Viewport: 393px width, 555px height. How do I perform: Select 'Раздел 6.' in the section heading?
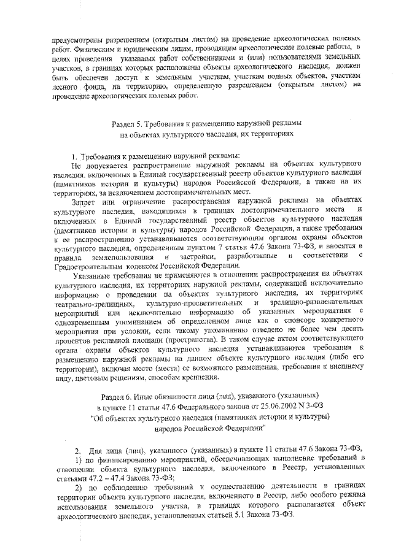(x=117, y=397)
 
